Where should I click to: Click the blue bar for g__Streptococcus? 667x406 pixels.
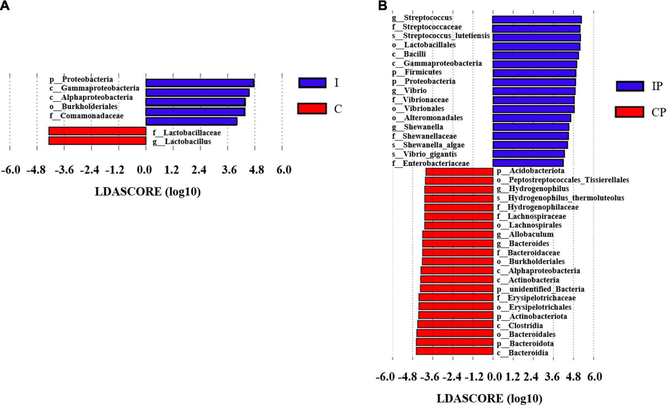(536, 19)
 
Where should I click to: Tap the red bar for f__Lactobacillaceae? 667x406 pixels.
(97, 131)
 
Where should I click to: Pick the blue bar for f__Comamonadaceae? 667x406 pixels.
(191, 121)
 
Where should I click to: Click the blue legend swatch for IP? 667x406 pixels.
(629, 86)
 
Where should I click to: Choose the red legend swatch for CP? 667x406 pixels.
(629, 112)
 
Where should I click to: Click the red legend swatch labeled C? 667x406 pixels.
(312, 108)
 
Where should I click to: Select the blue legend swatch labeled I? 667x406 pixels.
(312, 83)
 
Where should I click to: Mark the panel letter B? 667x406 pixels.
(383, 5)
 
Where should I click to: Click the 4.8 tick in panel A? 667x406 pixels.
(256, 170)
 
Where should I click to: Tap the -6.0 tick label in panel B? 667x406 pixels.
(385, 377)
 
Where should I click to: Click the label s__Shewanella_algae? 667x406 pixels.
(428, 145)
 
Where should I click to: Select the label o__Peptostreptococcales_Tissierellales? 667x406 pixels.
(563, 180)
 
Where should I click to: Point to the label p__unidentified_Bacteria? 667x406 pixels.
(540, 289)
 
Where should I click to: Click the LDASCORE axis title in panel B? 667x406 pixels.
(489, 398)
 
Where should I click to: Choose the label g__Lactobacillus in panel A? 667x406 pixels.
(182, 142)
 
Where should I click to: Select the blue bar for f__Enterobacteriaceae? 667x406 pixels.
(528, 163)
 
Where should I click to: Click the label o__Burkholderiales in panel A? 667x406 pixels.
(84, 107)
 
